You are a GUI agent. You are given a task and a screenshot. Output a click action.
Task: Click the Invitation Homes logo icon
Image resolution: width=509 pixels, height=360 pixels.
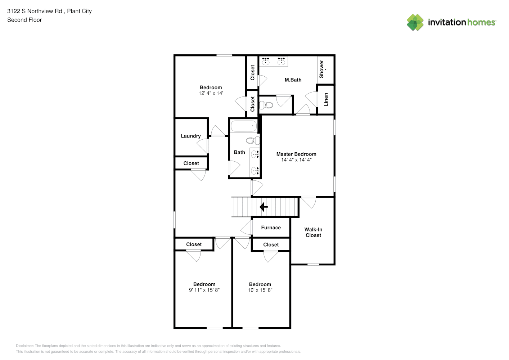point(415,22)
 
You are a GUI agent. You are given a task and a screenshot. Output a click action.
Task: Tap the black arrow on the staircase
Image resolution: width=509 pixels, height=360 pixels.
point(263,207)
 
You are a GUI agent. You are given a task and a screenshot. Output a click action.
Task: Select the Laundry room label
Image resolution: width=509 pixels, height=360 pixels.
point(191,136)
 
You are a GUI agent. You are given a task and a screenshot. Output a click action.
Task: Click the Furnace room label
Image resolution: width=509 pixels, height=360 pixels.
point(271,228)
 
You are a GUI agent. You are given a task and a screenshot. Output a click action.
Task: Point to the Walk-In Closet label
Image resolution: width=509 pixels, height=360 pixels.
point(313,232)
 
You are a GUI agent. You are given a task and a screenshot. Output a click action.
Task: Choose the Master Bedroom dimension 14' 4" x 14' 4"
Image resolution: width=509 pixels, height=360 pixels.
point(296,160)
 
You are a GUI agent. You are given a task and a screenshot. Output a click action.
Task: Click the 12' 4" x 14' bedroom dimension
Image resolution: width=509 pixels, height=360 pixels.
point(211,93)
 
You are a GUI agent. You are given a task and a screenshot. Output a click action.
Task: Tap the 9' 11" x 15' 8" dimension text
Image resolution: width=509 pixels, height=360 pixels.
point(204,290)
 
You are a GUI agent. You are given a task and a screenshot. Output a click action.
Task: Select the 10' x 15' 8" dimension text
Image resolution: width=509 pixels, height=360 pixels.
point(260,290)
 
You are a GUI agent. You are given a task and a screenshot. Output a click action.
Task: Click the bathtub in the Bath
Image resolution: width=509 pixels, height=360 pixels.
point(244,126)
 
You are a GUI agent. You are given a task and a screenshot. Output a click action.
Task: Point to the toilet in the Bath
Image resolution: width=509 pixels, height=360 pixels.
point(253,141)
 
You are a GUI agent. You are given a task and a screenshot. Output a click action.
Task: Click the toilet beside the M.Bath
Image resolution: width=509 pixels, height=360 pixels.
point(266,105)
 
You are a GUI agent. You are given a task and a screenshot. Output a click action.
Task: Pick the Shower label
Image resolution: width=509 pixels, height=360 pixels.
point(321,69)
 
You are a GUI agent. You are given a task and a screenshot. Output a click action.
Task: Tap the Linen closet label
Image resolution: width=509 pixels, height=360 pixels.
point(326,99)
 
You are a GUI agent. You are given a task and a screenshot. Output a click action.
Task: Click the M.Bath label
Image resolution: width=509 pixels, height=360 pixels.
point(293,80)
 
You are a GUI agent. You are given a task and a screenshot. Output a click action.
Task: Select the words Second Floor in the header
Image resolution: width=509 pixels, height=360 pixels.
point(24,20)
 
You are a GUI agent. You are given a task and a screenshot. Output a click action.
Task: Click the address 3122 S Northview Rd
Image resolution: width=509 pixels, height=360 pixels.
point(35,11)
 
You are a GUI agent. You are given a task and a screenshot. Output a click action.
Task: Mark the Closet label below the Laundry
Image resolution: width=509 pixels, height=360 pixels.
point(191,163)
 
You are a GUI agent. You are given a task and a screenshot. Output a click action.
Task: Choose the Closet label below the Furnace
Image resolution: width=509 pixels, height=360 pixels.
point(271,244)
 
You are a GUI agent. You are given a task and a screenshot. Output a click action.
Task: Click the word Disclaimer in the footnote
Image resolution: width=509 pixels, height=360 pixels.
point(24,346)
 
